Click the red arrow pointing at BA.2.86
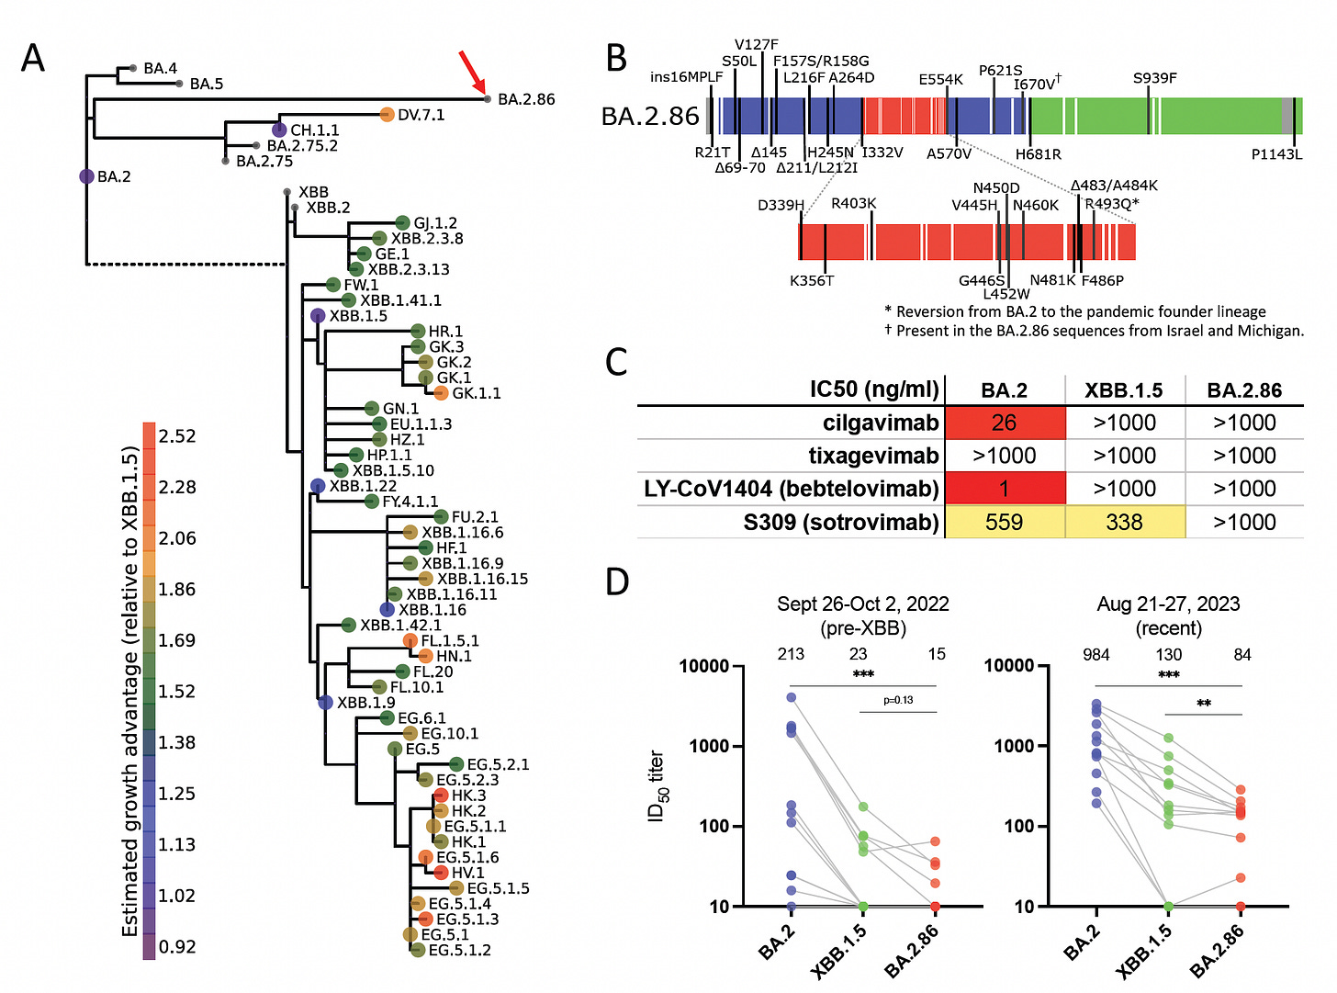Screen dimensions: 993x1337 (x=472, y=73)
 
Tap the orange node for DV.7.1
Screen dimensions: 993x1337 (x=387, y=115)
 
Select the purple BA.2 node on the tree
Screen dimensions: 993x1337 (x=86, y=176)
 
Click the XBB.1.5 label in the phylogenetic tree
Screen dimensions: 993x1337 (x=358, y=316)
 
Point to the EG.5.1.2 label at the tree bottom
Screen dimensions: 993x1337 (x=459, y=950)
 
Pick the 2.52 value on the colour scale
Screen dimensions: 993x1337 (x=177, y=435)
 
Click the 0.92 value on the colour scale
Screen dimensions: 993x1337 (x=177, y=946)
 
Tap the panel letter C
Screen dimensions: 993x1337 (x=616, y=362)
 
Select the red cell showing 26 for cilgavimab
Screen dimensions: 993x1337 (x=1005, y=423)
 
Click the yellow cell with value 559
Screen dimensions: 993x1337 (x=1005, y=522)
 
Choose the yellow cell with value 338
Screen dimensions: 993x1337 (x=1124, y=522)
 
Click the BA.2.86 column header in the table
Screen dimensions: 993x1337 (x=1244, y=390)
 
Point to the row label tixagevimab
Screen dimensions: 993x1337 (x=873, y=456)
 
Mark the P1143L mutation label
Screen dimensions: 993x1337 (x=1276, y=154)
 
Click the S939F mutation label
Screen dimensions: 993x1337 (x=1154, y=78)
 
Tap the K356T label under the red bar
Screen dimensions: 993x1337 (x=812, y=280)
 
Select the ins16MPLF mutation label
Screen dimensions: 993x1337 (x=686, y=77)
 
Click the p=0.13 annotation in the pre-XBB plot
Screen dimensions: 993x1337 (x=898, y=700)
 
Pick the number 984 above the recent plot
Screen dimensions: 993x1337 (x=1096, y=654)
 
